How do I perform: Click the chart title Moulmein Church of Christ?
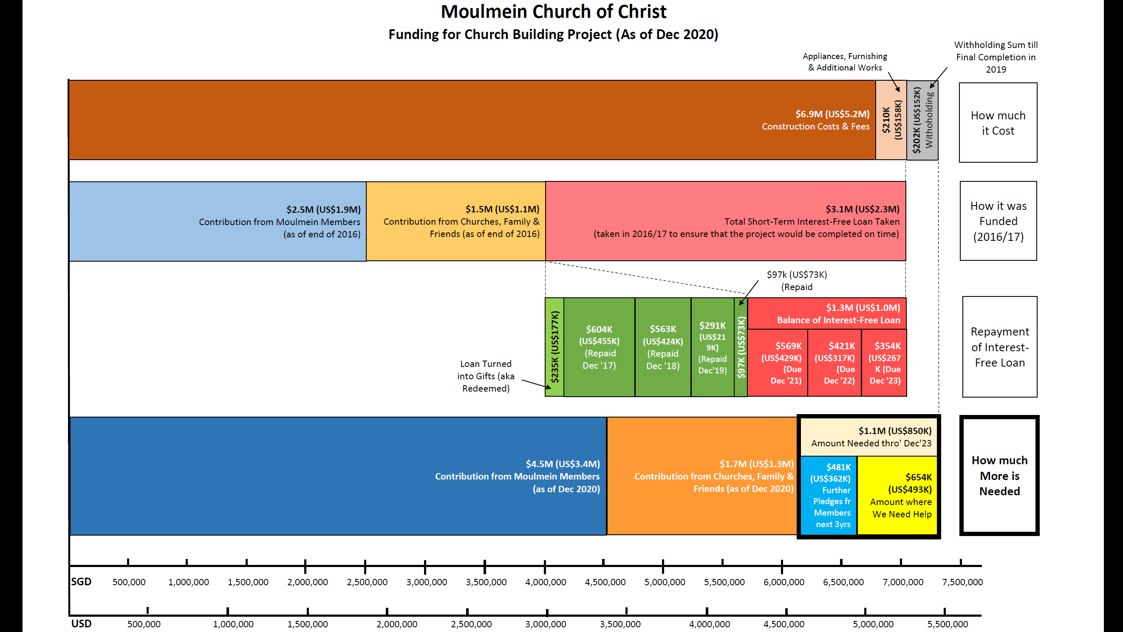(553, 12)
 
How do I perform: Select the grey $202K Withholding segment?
(922, 120)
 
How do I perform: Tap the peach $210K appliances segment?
(891, 120)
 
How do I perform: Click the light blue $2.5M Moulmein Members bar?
(217, 221)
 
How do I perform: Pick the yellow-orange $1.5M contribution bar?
(455, 221)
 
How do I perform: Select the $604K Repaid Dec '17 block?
(599, 347)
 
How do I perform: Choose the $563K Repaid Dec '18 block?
(663, 347)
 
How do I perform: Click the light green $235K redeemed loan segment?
(554, 347)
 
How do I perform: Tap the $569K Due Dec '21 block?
(778, 363)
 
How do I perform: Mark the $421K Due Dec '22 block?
(834, 363)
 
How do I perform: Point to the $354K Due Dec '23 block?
(884, 363)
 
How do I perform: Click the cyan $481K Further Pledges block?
(829, 495)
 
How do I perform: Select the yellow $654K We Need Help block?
(897, 495)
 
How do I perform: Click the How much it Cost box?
(998, 122)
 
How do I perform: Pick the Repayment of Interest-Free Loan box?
(1000, 347)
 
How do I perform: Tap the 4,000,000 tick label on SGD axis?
(546, 582)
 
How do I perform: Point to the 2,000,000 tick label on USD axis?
(397, 624)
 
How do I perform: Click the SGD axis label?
(82, 581)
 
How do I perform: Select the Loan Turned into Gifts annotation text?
(486, 376)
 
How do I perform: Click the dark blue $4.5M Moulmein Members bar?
(338, 476)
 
